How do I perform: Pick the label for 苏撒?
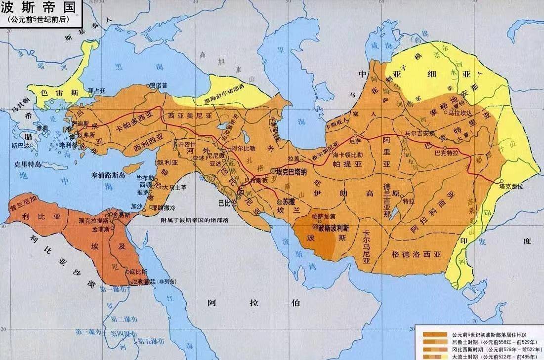(x=292, y=201)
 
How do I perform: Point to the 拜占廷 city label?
(x=97, y=91)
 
